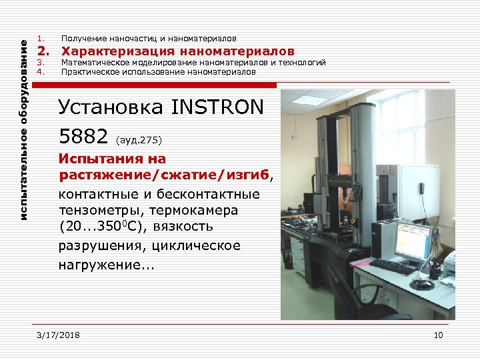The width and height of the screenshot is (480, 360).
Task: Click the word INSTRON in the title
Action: [x=217, y=107]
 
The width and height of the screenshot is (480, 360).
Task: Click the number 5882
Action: [x=83, y=137]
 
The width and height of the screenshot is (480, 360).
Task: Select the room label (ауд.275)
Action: [x=139, y=141]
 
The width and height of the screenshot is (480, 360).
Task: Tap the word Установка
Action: [x=111, y=107]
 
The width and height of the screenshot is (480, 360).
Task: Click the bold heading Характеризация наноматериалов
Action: [x=177, y=51]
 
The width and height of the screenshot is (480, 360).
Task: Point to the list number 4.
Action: [x=41, y=71]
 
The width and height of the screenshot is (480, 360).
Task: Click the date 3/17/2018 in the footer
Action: [x=59, y=335]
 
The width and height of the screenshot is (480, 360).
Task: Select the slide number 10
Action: [x=438, y=335]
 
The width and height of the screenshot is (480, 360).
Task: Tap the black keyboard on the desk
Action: [x=395, y=267]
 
